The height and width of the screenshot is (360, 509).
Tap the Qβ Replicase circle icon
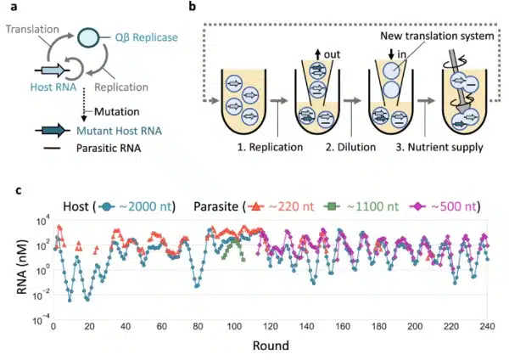(x=87, y=38)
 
